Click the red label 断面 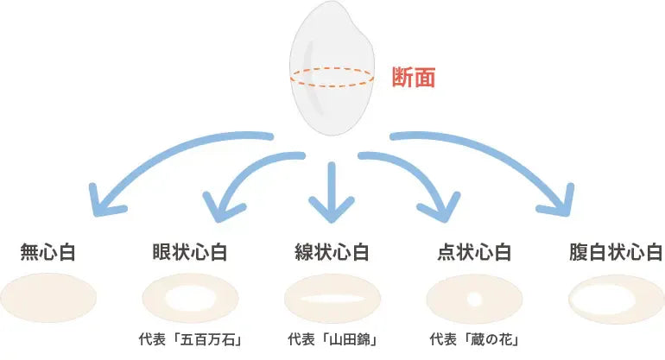(x=414, y=78)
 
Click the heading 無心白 (x=48, y=252)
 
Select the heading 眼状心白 (x=189, y=252)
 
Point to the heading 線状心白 (x=332, y=252)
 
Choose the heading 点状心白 (x=474, y=252)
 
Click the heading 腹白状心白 (x=615, y=252)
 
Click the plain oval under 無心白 (x=48, y=299)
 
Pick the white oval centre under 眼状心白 (x=190, y=299)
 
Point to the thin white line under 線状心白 (x=332, y=299)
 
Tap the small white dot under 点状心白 (x=474, y=299)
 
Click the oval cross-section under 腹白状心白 (x=615, y=299)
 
